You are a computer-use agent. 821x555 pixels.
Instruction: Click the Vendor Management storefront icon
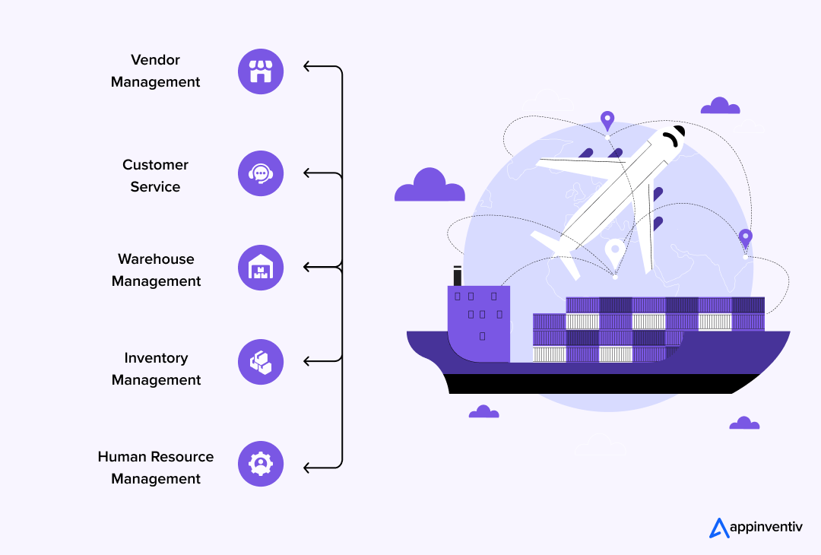coord(261,71)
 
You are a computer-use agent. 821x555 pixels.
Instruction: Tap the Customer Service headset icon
coord(261,173)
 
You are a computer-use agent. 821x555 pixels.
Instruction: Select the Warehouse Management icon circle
coord(261,268)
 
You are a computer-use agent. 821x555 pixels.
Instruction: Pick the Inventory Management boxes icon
coord(261,362)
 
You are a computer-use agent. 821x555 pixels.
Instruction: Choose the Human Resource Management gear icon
coord(261,464)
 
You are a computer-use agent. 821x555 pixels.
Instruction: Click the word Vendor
coord(155,60)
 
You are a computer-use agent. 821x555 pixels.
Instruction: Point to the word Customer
coord(155,165)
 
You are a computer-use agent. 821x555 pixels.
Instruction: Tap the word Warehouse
coord(156,259)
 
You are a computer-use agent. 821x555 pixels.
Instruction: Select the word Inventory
coord(156,358)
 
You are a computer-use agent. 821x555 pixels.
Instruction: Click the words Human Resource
coord(156,457)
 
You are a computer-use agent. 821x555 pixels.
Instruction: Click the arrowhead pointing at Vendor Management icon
coord(306,67)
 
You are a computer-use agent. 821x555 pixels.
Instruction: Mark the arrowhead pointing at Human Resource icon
coord(306,467)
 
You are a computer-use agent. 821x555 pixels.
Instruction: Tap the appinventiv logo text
coord(766,526)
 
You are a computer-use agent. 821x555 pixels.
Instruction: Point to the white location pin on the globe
coord(613,250)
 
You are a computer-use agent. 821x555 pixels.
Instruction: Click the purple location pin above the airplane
coord(607,120)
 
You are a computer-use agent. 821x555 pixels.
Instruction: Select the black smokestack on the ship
coord(458,276)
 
